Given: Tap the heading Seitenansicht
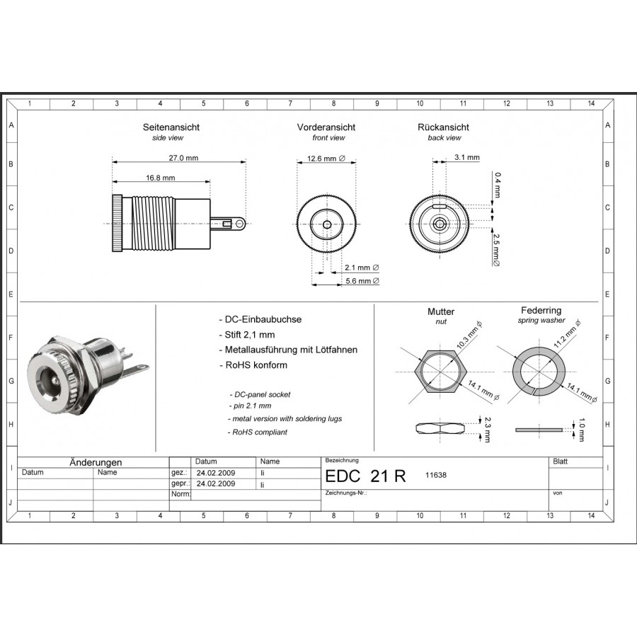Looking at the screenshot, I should (171, 127).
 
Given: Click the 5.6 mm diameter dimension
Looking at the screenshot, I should (361, 281).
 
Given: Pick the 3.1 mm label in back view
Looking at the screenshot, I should (466, 157).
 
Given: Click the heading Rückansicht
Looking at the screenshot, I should (444, 127).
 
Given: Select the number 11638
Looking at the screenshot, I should (435, 476).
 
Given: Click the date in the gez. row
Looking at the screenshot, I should (216, 472).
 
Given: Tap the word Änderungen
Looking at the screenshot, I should (96, 462).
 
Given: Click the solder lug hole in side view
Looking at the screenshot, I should (241, 224).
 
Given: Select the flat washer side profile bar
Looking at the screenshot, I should (537, 429).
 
